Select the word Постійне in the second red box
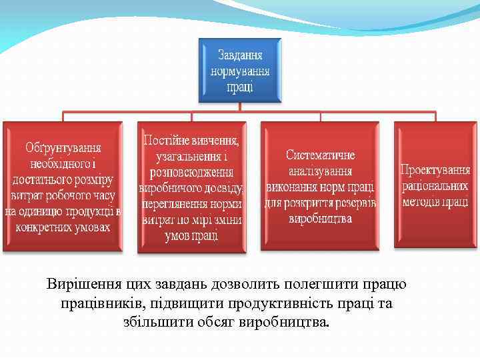tap(166, 141)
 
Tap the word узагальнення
tap(186, 157)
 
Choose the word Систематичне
tap(320, 155)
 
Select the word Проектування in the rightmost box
tap(435, 170)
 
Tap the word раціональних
tap(435, 186)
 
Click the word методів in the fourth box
tap(420, 202)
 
